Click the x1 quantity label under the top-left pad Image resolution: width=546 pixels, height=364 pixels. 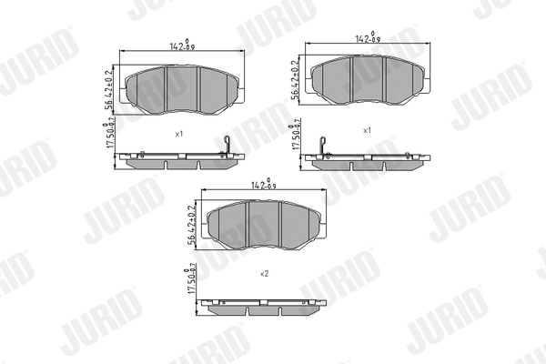coord(179,134)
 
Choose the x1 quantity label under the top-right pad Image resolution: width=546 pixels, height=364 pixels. coord(367,130)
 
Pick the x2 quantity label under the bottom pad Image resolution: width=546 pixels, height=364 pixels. coord(265,272)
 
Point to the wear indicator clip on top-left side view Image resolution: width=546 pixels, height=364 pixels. coord(229,145)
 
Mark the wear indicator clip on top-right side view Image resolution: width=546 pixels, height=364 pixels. coord(323,145)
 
